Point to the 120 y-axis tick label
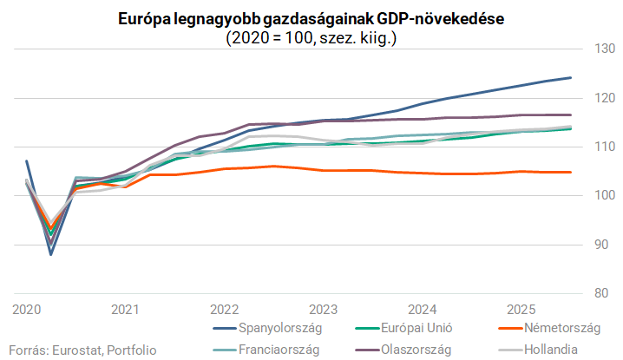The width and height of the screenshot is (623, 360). click(604, 98)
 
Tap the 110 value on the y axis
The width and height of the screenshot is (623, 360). click(604, 147)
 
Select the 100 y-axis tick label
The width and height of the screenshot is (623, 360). click(604, 195)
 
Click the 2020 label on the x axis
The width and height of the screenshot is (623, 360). click(27, 309)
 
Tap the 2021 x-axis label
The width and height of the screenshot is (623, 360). click(126, 309)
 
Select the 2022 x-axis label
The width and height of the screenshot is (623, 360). click(224, 309)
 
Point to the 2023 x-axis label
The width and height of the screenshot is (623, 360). click(323, 309)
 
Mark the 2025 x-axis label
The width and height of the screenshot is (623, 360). click(520, 309)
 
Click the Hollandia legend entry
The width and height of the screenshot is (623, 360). click(556, 349)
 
